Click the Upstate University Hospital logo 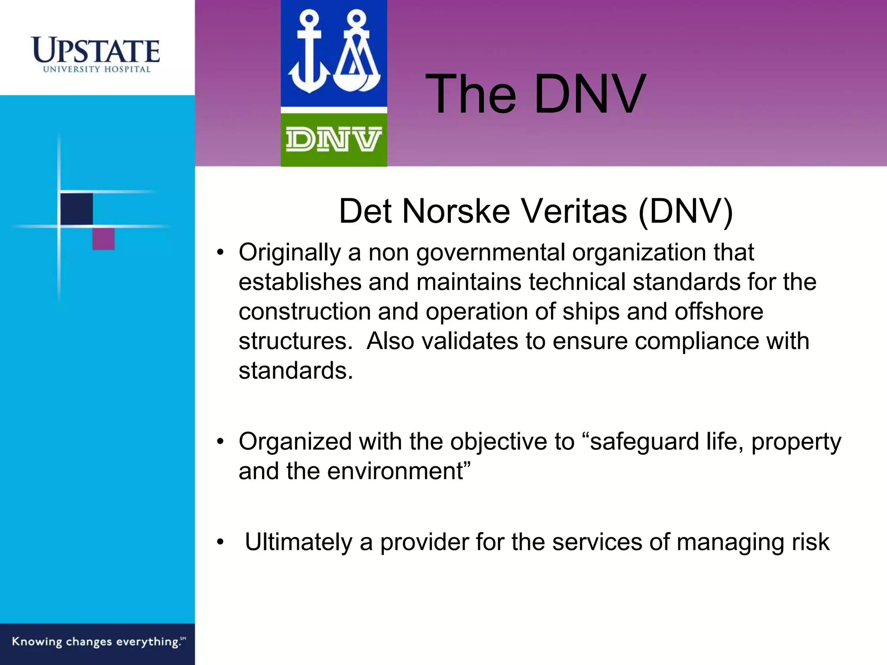pos(96,55)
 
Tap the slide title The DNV pos(535,94)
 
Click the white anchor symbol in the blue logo pos(308,54)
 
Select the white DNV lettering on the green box pos(333,139)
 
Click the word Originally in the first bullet pos(289,253)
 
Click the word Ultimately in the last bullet pos(298,542)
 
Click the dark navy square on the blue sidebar pos(76,209)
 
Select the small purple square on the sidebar pos(104,239)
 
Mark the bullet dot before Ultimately pos(221,542)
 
